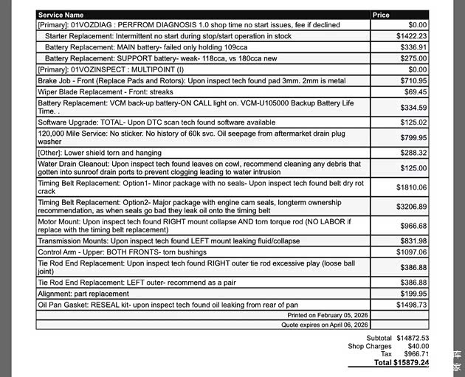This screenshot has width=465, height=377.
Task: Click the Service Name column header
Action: (61, 15)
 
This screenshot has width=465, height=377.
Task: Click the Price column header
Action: (382, 15)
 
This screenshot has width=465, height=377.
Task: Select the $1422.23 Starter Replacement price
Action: (411, 35)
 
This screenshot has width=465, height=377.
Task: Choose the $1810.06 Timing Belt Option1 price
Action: (411, 187)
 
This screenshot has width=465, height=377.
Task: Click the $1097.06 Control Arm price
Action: (411, 252)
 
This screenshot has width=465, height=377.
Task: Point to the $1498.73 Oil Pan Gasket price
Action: (411, 305)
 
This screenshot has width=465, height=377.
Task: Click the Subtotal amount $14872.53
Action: (413, 338)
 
